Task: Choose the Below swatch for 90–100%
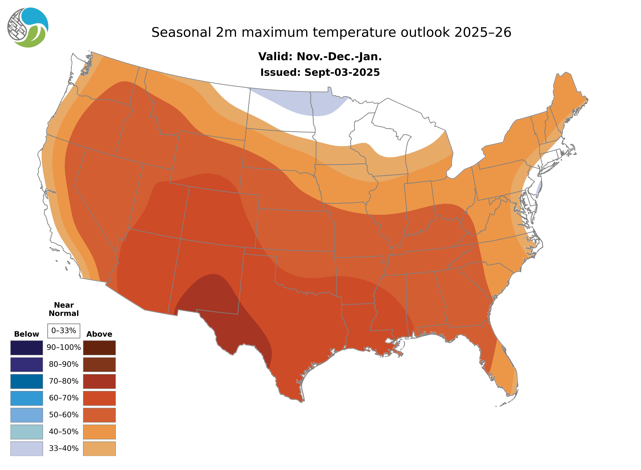click(26, 348)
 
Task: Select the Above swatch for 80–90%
click(99, 364)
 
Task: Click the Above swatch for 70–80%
click(99, 381)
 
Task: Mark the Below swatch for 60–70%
click(26, 398)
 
